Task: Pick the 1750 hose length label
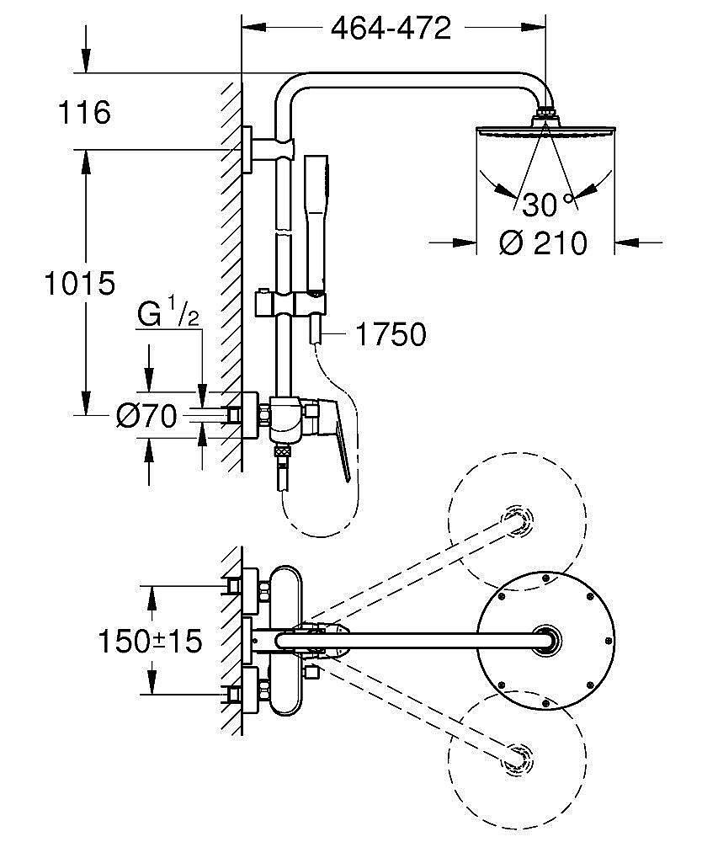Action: click(390, 335)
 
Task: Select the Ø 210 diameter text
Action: click(543, 243)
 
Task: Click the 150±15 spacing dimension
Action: click(150, 642)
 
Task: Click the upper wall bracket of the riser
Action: click(253, 148)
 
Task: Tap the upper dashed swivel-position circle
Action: click(515, 523)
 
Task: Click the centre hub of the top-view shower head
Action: click(545, 640)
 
